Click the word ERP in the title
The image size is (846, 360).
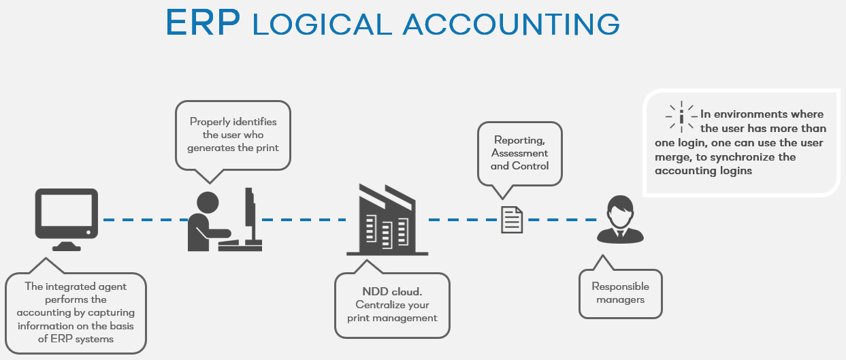coord(203,22)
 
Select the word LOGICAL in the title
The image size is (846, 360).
coord(322,24)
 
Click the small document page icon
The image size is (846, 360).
coord(512,220)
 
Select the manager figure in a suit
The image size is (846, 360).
coord(619,220)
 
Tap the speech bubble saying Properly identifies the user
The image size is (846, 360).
coord(233,134)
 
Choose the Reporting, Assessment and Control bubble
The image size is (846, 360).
coord(519,153)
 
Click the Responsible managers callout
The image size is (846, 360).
coord(620,293)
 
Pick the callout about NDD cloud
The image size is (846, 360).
coord(392,305)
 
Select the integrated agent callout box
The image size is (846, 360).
coord(76,312)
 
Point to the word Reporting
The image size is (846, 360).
coord(519,141)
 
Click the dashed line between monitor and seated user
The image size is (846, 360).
coord(146,220)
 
